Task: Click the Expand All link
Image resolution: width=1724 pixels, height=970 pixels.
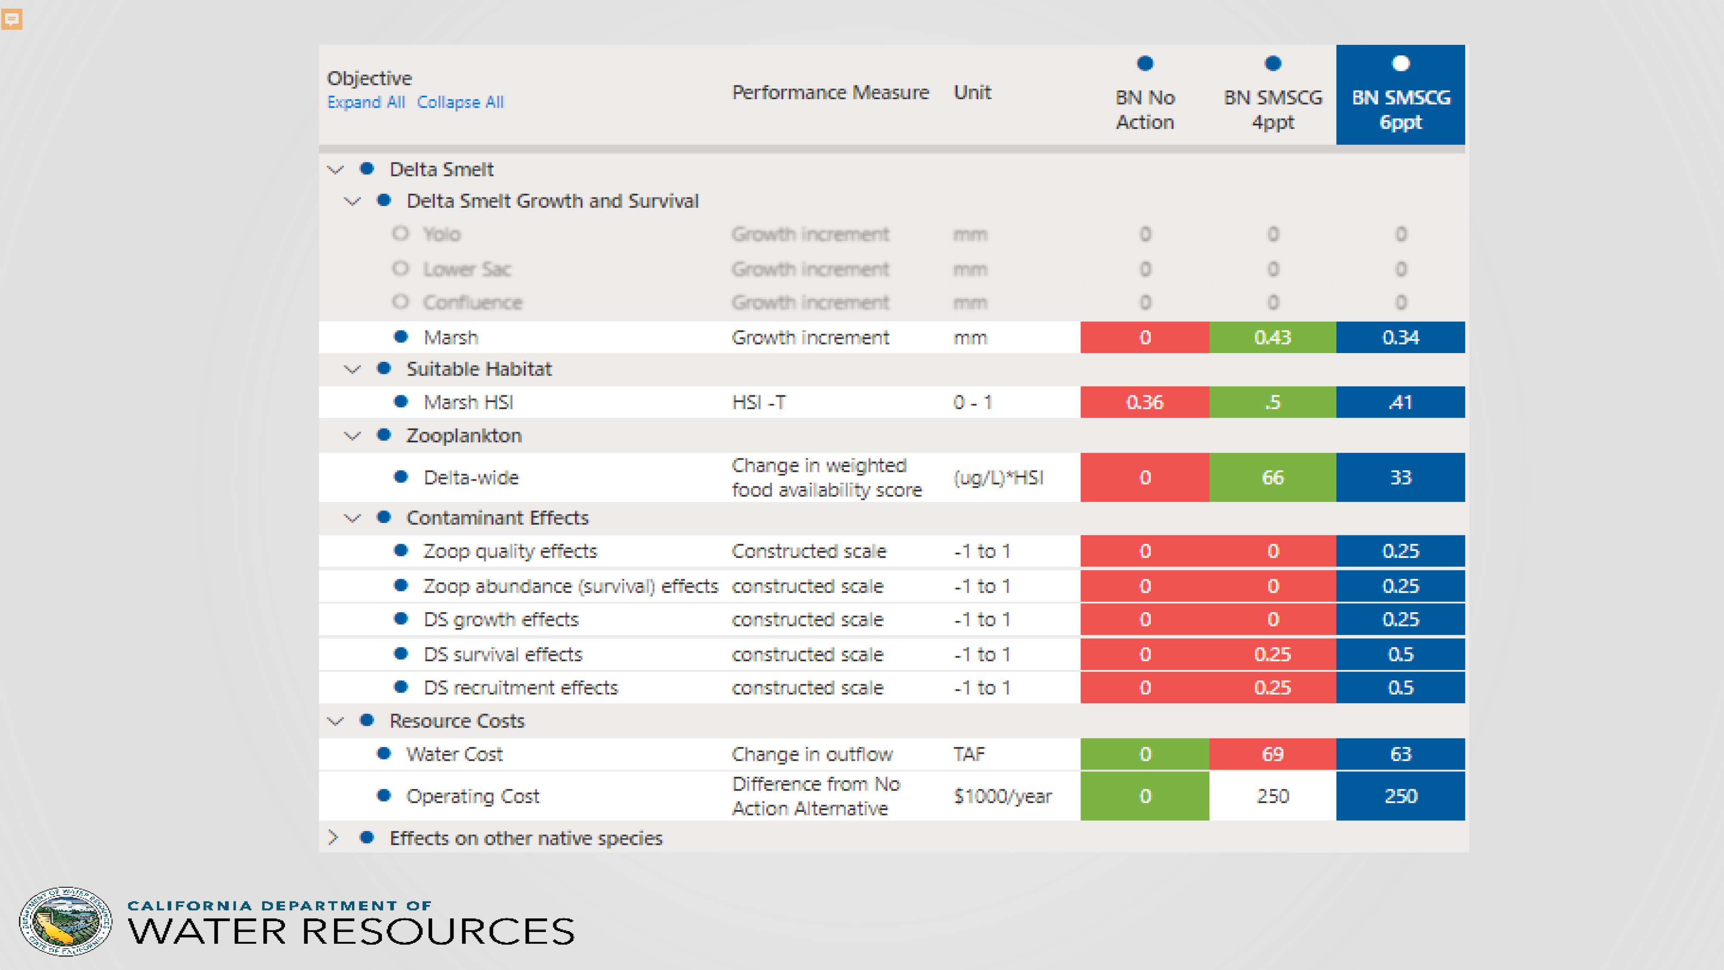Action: [x=365, y=103]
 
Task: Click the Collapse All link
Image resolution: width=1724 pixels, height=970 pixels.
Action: [x=460, y=103]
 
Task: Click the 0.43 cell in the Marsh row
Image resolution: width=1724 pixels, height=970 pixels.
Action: [x=1272, y=338]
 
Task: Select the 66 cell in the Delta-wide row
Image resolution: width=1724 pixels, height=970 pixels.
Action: [x=1272, y=477]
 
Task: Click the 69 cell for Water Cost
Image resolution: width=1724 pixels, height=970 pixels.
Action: [x=1272, y=754]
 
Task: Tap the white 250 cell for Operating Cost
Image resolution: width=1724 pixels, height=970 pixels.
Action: [x=1272, y=796]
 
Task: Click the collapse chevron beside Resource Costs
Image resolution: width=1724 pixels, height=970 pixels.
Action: [x=335, y=721]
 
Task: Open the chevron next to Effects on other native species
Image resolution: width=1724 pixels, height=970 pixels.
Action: [x=333, y=838]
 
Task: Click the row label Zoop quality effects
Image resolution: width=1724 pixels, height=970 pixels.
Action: [x=510, y=551]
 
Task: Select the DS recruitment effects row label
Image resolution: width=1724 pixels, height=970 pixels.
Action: [x=521, y=688]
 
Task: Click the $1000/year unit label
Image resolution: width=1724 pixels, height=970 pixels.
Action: [x=1003, y=796]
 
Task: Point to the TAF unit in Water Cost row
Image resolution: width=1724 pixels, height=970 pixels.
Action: [x=969, y=754]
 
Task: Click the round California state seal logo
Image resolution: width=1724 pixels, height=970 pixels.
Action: [x=66, y=922]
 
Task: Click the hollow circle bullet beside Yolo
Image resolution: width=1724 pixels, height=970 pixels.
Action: [x=400, y=234]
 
